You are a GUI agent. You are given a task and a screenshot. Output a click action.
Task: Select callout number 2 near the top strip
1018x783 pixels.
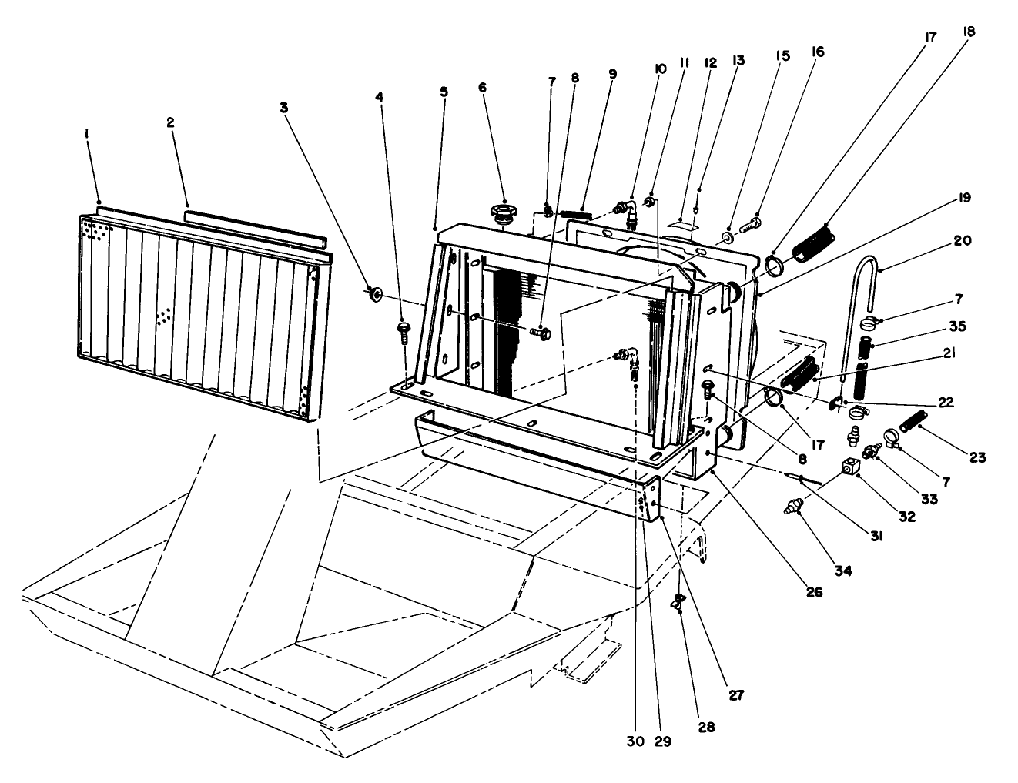(169, 122)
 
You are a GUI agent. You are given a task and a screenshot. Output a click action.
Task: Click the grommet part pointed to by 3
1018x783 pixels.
(376, 293)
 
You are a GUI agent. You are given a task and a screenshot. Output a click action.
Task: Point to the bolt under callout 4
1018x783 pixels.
(403, 331)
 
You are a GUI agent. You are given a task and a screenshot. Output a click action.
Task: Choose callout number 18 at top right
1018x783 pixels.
(968, 32)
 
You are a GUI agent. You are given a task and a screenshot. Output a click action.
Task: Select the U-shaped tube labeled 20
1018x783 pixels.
(860, 293)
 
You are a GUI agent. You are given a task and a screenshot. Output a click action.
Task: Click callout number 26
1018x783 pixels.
(814, 593)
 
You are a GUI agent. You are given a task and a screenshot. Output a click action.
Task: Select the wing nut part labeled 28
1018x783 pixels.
(679, 603)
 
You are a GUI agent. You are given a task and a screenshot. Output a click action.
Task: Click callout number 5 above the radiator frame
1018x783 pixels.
(444, 91)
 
